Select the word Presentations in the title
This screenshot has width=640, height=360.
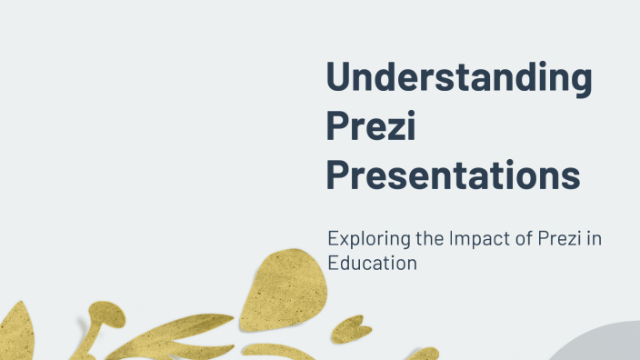click(453, 175)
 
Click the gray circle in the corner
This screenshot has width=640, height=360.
click(600, 346)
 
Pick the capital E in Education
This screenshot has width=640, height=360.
click(333, 263)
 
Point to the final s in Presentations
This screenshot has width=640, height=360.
click(570, 176)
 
